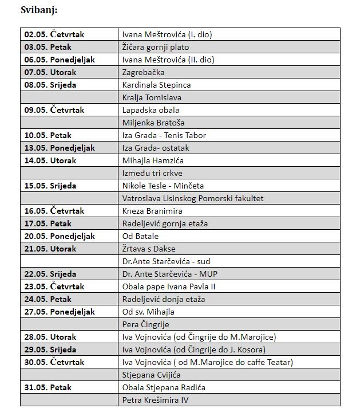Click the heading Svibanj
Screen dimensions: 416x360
tap(39, 10)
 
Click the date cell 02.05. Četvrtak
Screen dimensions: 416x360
tap(54, 34)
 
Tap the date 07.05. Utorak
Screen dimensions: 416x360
tap(50, 72)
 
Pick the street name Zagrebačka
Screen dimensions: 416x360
tap(144, 72)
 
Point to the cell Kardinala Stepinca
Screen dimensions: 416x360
tap(157, 85)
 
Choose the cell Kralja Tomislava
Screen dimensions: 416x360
tap(152, 97)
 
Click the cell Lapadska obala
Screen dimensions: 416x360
tap(151, 110)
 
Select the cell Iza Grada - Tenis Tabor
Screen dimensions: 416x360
tap(164, 135)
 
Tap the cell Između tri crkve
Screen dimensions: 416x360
tap(153, 173)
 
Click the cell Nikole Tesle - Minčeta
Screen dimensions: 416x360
tap(163, 186)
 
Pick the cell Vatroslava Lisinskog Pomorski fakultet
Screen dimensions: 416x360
tap(193, 198)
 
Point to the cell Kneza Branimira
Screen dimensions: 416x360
tap(152, 211)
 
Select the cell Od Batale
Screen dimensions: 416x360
tap(141, 236)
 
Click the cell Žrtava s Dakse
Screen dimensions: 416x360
tap(149, 249)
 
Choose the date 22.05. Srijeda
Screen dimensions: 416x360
tap(50, 274)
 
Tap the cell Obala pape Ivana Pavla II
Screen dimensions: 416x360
tap(169, 287)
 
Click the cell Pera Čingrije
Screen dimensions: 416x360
tap(146, 324)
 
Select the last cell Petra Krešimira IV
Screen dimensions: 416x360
tap(155, 400)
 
